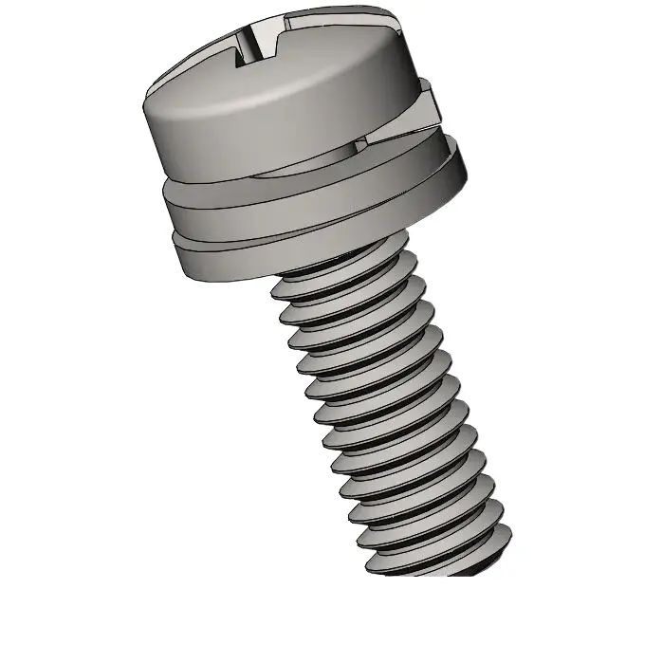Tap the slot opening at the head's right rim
tap(403, 19)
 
